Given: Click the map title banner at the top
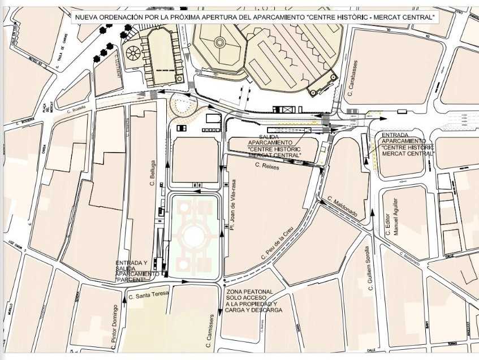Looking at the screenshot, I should pyautogui.click(x=255, y=18).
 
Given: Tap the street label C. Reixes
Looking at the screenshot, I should pyautogui.click(x=267, y=166).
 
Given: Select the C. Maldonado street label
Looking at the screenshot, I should pyautogui.click(x=342, y=207).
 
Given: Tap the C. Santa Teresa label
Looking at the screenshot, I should pyautogui.click(x=149, y=294).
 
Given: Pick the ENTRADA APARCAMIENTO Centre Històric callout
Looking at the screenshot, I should pyautogui.click(x=407, y=144).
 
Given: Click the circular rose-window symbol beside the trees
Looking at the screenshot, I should pyautogui.click(x=133, y=55).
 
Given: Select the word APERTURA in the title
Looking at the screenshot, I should pyautogui.click(x=210, y=18).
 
